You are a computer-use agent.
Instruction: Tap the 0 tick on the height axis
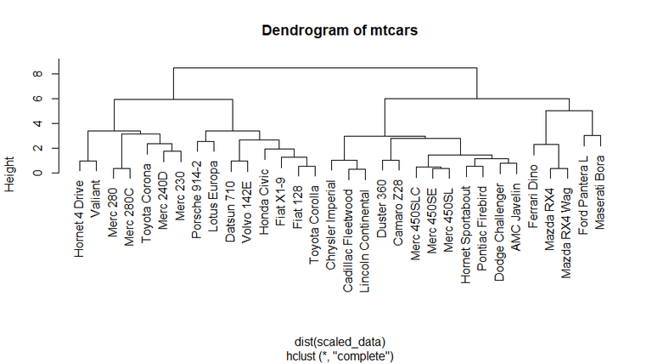point(38,173)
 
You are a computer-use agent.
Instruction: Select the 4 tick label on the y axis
point(38,123)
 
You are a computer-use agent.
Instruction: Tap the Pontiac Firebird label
point(482,219)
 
